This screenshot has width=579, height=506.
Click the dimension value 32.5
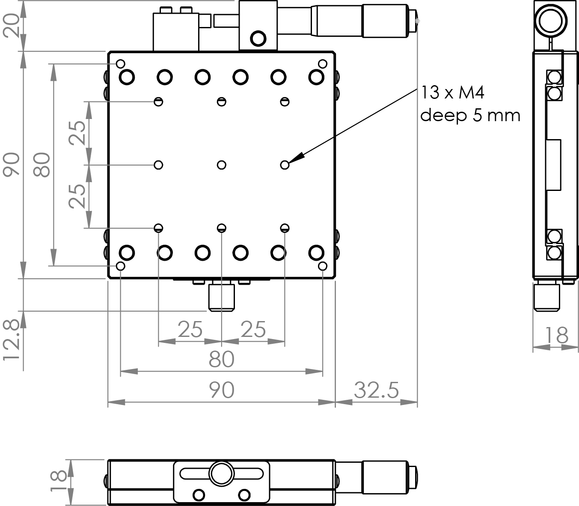(x=376, y=390)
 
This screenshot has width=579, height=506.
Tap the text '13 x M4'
(x=453, y=92)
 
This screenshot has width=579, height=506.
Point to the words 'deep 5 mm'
(x=470, y=115)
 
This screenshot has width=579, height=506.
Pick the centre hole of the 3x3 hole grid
(x=221, y=165)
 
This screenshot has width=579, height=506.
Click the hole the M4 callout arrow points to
(x=285, y=165)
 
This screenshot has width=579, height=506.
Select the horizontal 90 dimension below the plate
(x=222, y=390)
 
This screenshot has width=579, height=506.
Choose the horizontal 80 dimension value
(x=222, y=360)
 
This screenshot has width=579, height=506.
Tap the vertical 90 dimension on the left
(x=12, y=165)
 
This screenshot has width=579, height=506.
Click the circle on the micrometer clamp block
(x=258, y=39)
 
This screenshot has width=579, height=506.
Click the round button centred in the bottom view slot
(x=221, y=473)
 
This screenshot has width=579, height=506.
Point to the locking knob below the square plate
(x=221, y=298)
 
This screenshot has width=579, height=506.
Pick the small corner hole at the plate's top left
(x=121, y=64)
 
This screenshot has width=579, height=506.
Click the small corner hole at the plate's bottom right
(x=323, y=266)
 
